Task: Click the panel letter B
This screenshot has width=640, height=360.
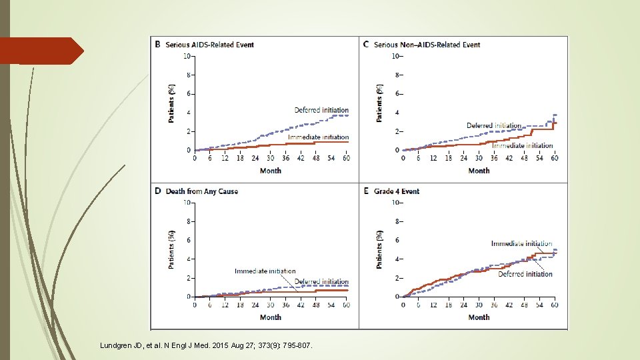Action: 157,45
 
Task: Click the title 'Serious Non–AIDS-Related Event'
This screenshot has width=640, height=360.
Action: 427,45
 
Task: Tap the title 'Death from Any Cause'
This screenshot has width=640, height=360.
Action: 201,191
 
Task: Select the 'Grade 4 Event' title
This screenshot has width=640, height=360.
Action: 397,191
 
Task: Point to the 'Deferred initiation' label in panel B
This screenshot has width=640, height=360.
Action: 321,110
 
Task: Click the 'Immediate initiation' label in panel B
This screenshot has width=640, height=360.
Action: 318,137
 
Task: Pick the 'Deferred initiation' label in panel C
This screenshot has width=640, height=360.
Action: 494,125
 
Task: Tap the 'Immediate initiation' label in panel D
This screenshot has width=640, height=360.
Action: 265,271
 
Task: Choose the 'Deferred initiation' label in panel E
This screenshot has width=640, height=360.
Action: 525,274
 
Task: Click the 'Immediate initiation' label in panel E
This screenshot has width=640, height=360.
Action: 521,244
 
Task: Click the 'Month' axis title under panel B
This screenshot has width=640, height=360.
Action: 270,171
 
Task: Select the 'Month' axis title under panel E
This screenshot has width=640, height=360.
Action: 479,317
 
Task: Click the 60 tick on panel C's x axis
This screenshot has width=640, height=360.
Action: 555,158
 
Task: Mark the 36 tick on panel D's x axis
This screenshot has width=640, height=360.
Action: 285,305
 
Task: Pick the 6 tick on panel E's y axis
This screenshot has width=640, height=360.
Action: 397,240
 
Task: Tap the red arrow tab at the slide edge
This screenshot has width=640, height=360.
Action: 41,51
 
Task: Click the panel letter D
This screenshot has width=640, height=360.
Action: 157,191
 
